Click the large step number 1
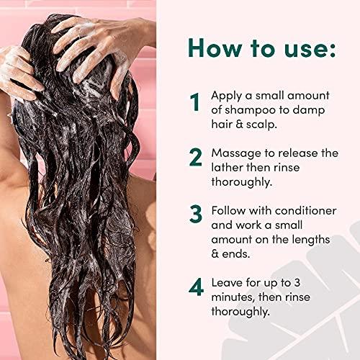coord(194,102)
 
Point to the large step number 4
coord(195,288)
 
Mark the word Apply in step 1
coord(227,95)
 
